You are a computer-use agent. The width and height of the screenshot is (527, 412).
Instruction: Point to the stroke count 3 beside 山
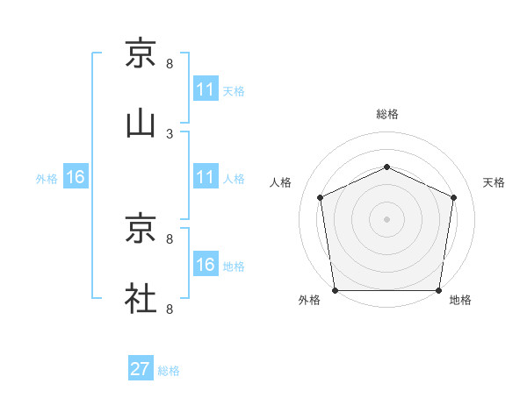click(x=170, y=133)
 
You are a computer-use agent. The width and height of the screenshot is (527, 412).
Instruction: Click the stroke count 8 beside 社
click(x=170, y=309)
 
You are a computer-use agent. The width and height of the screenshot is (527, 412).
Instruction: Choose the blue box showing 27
click(x=141, y=369)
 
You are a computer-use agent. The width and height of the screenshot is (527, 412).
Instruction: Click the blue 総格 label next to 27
click(x=169, y=371)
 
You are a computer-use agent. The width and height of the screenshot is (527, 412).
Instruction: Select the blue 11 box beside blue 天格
click(x=206, y=89)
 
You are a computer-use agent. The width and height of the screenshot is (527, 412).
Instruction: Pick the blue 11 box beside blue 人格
click(x=206, y=177)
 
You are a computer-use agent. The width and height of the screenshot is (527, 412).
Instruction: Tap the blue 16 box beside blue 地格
click(x=206, y=265)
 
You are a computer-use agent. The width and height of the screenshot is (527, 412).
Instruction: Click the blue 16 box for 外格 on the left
click(x=76, y=177)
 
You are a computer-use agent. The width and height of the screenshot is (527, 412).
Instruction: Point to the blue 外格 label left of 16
click(x=47, y=179)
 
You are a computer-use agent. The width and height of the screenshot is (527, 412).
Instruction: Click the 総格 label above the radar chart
click(x=387, y=114)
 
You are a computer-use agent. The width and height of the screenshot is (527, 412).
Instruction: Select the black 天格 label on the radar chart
click(x=495, y=182)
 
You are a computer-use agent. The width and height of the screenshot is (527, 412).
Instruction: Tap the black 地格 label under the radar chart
click(x=460, y=301)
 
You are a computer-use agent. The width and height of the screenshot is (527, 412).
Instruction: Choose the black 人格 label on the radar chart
click(x=282, y=182)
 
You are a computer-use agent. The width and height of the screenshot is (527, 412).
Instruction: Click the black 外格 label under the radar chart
click(x=309, y=301)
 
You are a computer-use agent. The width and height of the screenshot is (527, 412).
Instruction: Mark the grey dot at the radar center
click(x=387, y=218)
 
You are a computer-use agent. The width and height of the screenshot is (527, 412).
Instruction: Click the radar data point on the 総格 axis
click(x=387, y=166)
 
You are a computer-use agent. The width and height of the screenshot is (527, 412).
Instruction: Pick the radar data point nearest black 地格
click(x=439, y=290)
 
